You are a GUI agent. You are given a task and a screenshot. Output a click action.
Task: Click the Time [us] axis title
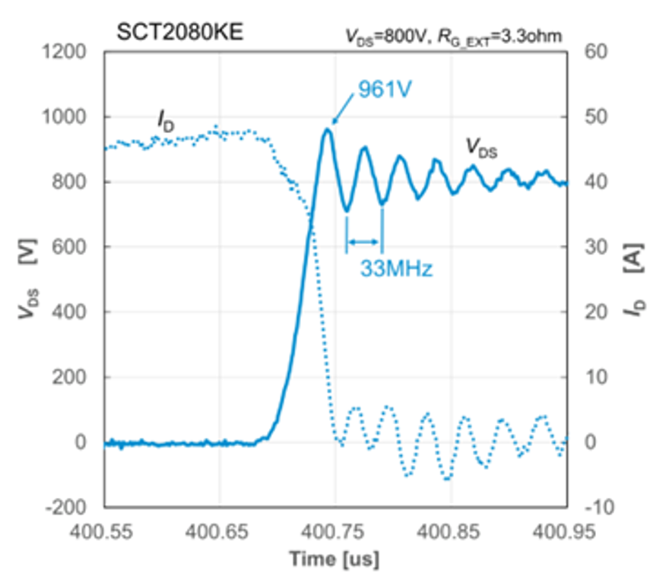coord(334,561)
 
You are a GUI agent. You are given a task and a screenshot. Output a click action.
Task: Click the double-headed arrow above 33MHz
coord(363,242)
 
